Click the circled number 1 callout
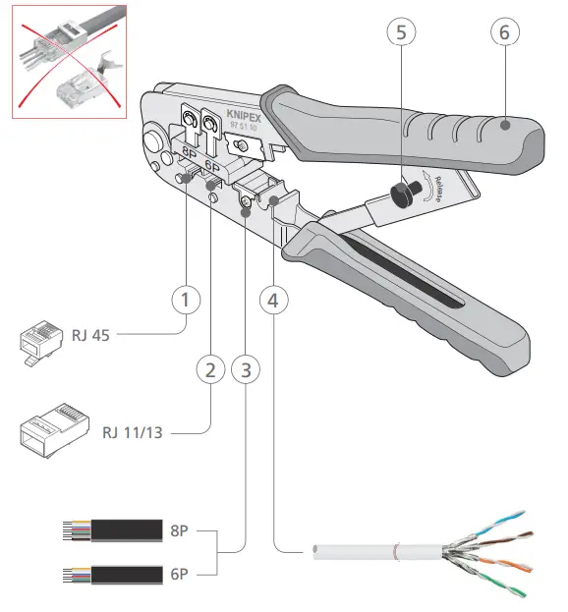point(186,300)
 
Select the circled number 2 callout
point(210,369)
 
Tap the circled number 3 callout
point(246,369)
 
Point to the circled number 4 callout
point(273,301)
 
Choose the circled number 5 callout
point(401,32)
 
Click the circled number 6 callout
point(505,32)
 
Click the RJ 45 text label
point(90,335)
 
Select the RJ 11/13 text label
point(133,432)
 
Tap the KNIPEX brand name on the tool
point(244,116)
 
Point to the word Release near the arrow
point(438,190)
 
